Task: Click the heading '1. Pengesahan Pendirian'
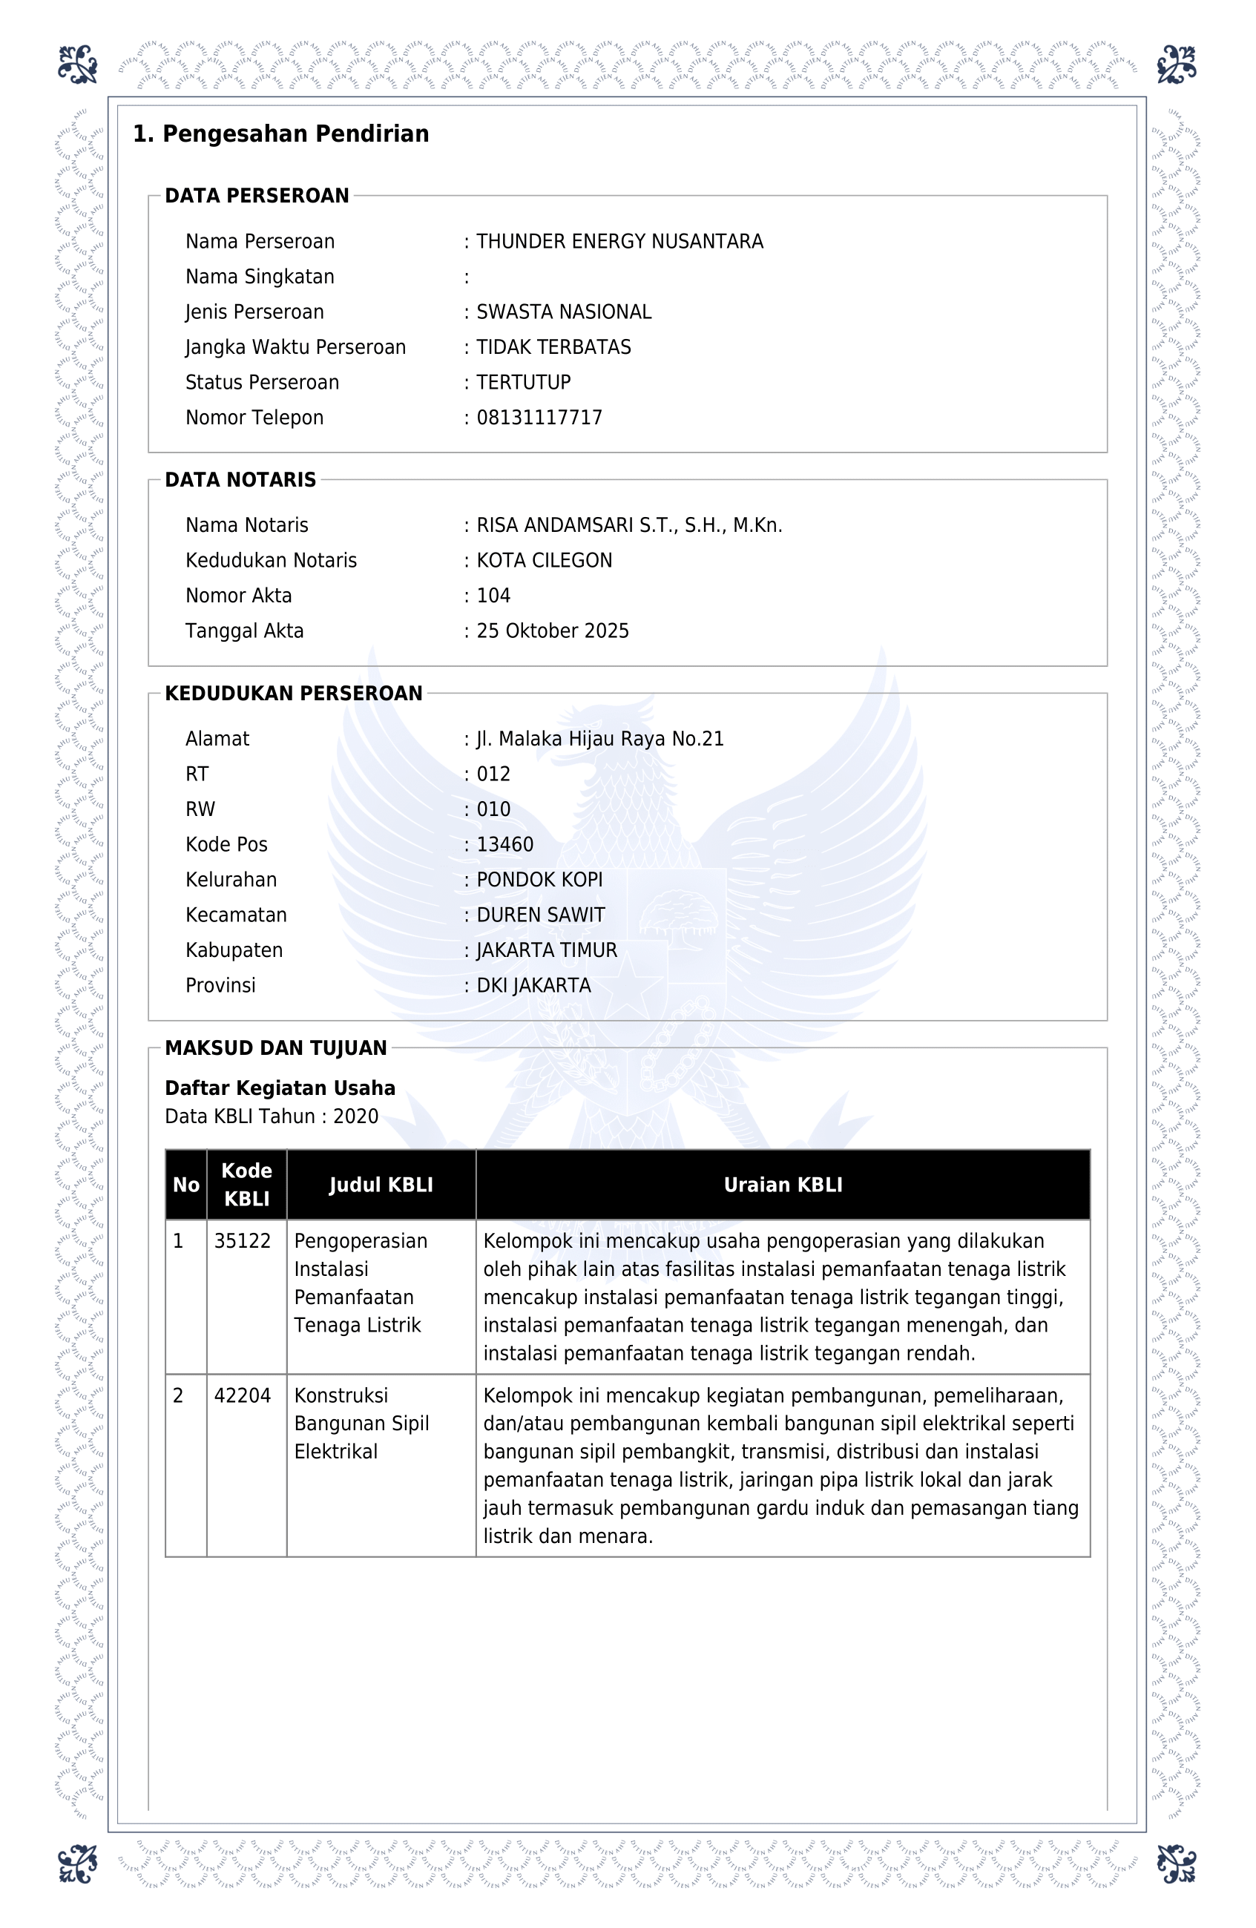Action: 280,134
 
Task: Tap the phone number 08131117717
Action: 539,417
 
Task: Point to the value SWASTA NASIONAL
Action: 563,312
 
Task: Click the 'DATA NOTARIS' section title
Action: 240,479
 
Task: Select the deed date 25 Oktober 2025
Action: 552,631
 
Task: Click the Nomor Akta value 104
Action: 493,596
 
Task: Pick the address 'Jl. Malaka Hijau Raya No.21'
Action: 599,739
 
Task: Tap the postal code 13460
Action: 504,844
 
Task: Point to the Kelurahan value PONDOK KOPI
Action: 539,880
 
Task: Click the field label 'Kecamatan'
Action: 236,915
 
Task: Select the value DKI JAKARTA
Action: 533,985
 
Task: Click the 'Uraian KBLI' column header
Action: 783,1185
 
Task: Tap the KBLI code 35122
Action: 243,1241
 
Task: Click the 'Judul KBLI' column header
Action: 381,1185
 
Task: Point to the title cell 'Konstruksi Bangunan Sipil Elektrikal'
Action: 361,1424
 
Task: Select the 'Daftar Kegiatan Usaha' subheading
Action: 280,1088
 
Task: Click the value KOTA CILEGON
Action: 544,561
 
